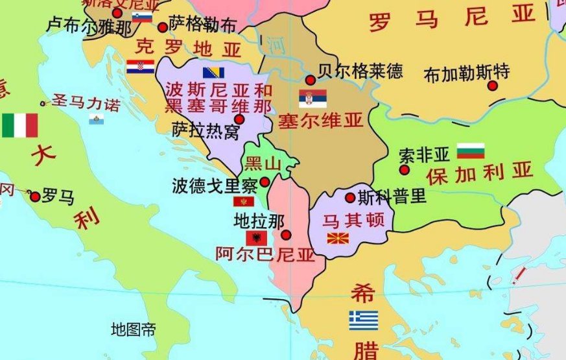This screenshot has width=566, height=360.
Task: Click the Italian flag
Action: coord(19,126)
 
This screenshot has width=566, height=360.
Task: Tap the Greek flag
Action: coord(363,320)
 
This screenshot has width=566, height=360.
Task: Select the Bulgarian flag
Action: coord(471,151)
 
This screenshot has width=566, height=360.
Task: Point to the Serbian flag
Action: coord(312,99)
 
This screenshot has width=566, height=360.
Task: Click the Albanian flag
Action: coord(256,238)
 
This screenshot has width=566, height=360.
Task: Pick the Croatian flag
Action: coord(140,66)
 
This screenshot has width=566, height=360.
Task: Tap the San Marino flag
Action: coord(96,119)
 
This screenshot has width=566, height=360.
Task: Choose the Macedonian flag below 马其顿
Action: coord(338,238)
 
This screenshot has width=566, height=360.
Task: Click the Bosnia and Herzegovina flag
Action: coord(213,73)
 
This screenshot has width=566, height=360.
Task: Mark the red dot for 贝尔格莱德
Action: coord(311,80)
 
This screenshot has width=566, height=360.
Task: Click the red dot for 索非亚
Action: coord(405,170)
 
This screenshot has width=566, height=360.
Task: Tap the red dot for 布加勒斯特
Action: coord(493,86)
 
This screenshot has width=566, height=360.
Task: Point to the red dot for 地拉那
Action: coord(287,235)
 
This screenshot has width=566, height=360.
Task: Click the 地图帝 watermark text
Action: coord(133,330)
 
